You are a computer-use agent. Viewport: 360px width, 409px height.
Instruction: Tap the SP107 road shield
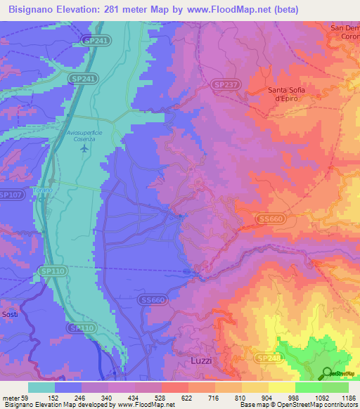(x=11, y=195)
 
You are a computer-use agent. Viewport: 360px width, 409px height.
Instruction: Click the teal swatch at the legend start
(x=41, y=387)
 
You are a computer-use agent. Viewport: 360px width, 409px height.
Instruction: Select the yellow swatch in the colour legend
(x=281, y=387)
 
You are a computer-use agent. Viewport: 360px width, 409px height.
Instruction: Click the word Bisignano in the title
(x=36, y=10)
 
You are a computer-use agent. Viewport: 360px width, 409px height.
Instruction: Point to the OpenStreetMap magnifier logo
(x=328, y=373)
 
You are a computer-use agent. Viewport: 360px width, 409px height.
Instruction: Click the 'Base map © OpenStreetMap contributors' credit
(x=296, y=405)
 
